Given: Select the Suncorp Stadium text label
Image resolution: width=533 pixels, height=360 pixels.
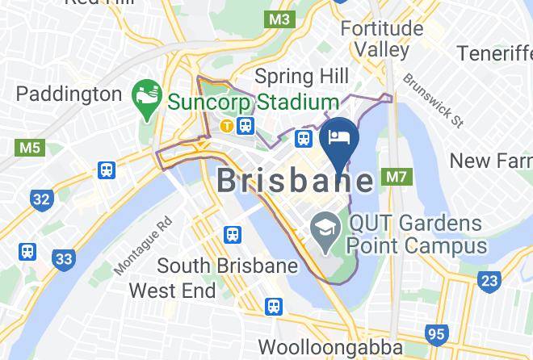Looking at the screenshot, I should point(253,103).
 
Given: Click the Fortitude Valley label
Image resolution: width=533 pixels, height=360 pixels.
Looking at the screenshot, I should point(381,38).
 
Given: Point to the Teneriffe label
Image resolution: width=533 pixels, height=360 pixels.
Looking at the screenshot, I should point(494,53).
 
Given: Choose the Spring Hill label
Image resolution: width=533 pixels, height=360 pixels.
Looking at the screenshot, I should point(301,76).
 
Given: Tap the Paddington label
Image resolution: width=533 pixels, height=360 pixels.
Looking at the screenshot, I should point(69,94).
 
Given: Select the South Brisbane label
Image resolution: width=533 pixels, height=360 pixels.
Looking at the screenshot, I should point(216,266).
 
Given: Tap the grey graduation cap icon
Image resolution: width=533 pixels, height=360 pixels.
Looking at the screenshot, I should point(325,224).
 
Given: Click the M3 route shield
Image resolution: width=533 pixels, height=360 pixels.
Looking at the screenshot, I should point(280,18).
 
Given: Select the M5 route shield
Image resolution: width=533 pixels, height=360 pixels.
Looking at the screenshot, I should point(29,148).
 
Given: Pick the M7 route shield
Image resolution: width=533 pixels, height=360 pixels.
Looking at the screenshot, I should point(396,176).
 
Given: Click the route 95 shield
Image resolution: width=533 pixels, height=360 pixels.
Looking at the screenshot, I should point(437,333).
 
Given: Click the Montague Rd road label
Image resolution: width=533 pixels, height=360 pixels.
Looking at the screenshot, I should point(143,245).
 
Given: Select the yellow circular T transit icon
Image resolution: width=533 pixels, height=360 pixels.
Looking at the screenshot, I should point(228,125).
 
